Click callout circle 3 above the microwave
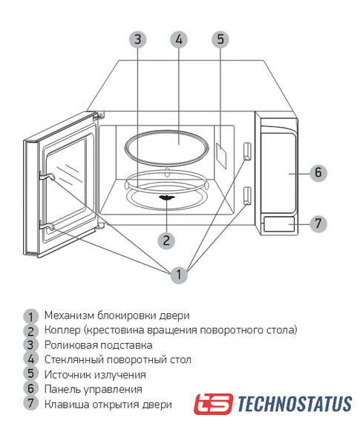[137, 39]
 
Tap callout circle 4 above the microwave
[179, 39]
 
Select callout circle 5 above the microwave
[220, 39]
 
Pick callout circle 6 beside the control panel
[318, 173]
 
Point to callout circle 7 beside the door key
[318, 223]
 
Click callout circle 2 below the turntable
[166, 241]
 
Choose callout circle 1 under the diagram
[179, 275]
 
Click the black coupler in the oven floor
[167, 197]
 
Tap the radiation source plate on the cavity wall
[221, 156]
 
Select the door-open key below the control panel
[279, 224]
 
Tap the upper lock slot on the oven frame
[247, 151]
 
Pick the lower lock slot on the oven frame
[247, 196]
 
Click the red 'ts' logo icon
[213, 404]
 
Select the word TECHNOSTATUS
[295, 404]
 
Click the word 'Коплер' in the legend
[62, 330]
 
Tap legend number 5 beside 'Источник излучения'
[30, 373]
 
